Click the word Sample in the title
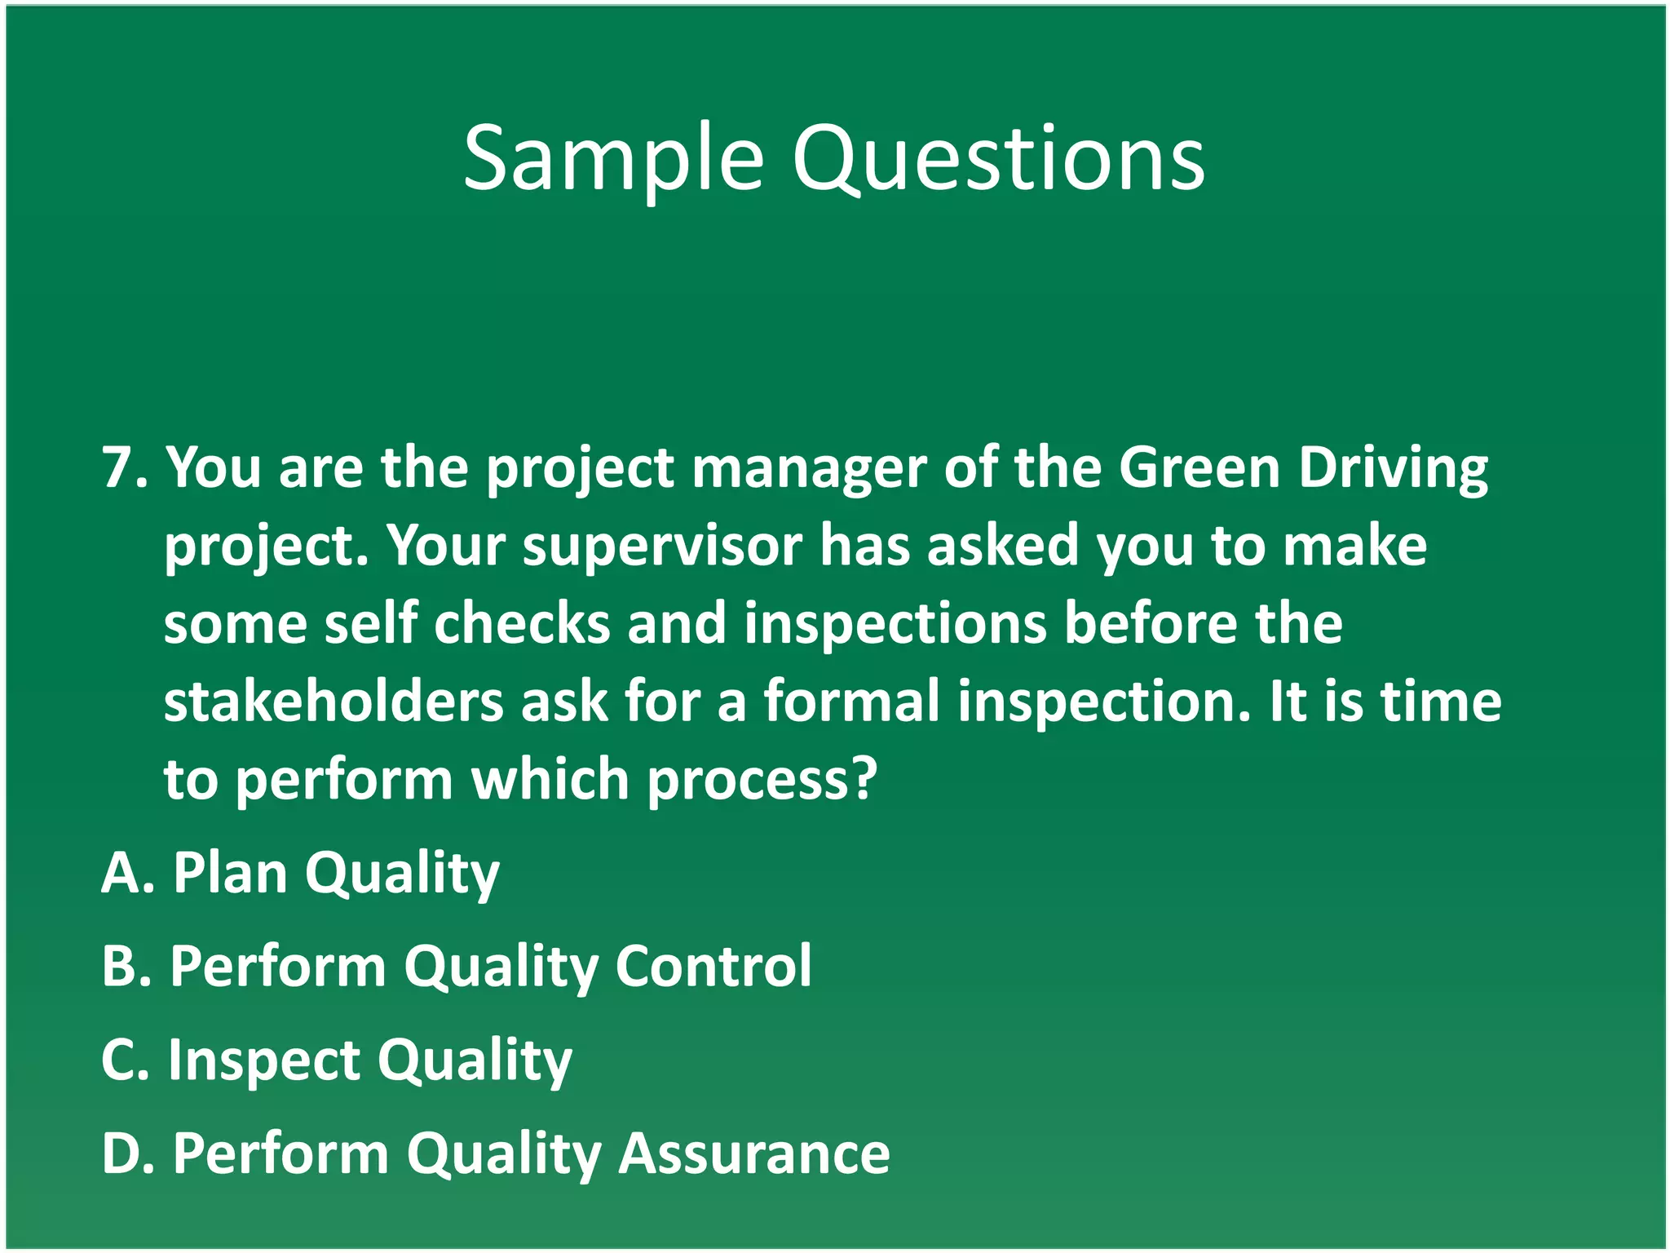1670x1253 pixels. pyautogui.click(x=613, y=159)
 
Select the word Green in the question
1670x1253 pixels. pyautogui.click(x=1199, y=468)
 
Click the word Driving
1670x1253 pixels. pyautogui.click(x=1394, y=470)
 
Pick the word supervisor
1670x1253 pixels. pyautogui.click(x=662, y=547)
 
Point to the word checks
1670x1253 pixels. pyautogui.click(x=522, y=624)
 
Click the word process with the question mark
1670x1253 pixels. pyautogui.click(x=762, y=781)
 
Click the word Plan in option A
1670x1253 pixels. pyautogui.click(x=230, y=874)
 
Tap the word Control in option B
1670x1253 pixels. pyautogui.click(x=714, y=967)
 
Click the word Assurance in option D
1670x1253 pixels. pyautogui.click(x=754, y=1153)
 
